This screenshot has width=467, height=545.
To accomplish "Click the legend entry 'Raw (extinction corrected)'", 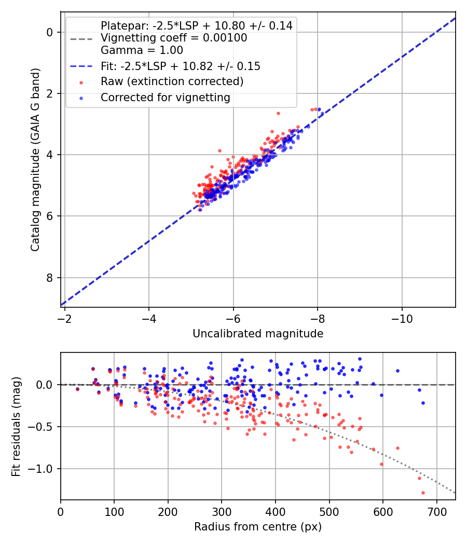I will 172,81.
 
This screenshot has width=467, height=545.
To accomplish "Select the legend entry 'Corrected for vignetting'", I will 165,97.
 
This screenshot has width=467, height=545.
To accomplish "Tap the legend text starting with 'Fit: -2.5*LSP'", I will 180,66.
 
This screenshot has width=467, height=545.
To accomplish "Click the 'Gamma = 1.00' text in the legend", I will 142,50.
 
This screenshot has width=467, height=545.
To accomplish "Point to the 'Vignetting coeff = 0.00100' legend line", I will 174,38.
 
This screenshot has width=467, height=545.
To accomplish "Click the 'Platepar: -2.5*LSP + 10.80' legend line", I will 196,25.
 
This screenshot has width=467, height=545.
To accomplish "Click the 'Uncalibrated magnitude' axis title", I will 258,334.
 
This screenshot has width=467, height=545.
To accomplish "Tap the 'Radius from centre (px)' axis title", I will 258,527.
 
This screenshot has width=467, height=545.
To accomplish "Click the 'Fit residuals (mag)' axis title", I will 16,426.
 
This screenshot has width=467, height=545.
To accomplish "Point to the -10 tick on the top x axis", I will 402,318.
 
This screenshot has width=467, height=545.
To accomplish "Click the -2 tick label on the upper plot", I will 65,318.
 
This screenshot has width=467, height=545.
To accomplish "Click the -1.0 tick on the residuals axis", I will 44,469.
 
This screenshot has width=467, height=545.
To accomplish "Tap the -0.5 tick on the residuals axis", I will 44,427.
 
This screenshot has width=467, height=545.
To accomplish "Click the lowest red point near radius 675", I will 423,493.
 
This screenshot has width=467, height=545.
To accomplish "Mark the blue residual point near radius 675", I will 423,403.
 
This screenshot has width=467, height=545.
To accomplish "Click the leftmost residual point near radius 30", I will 77,389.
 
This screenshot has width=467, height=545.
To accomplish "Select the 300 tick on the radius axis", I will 222,511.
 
